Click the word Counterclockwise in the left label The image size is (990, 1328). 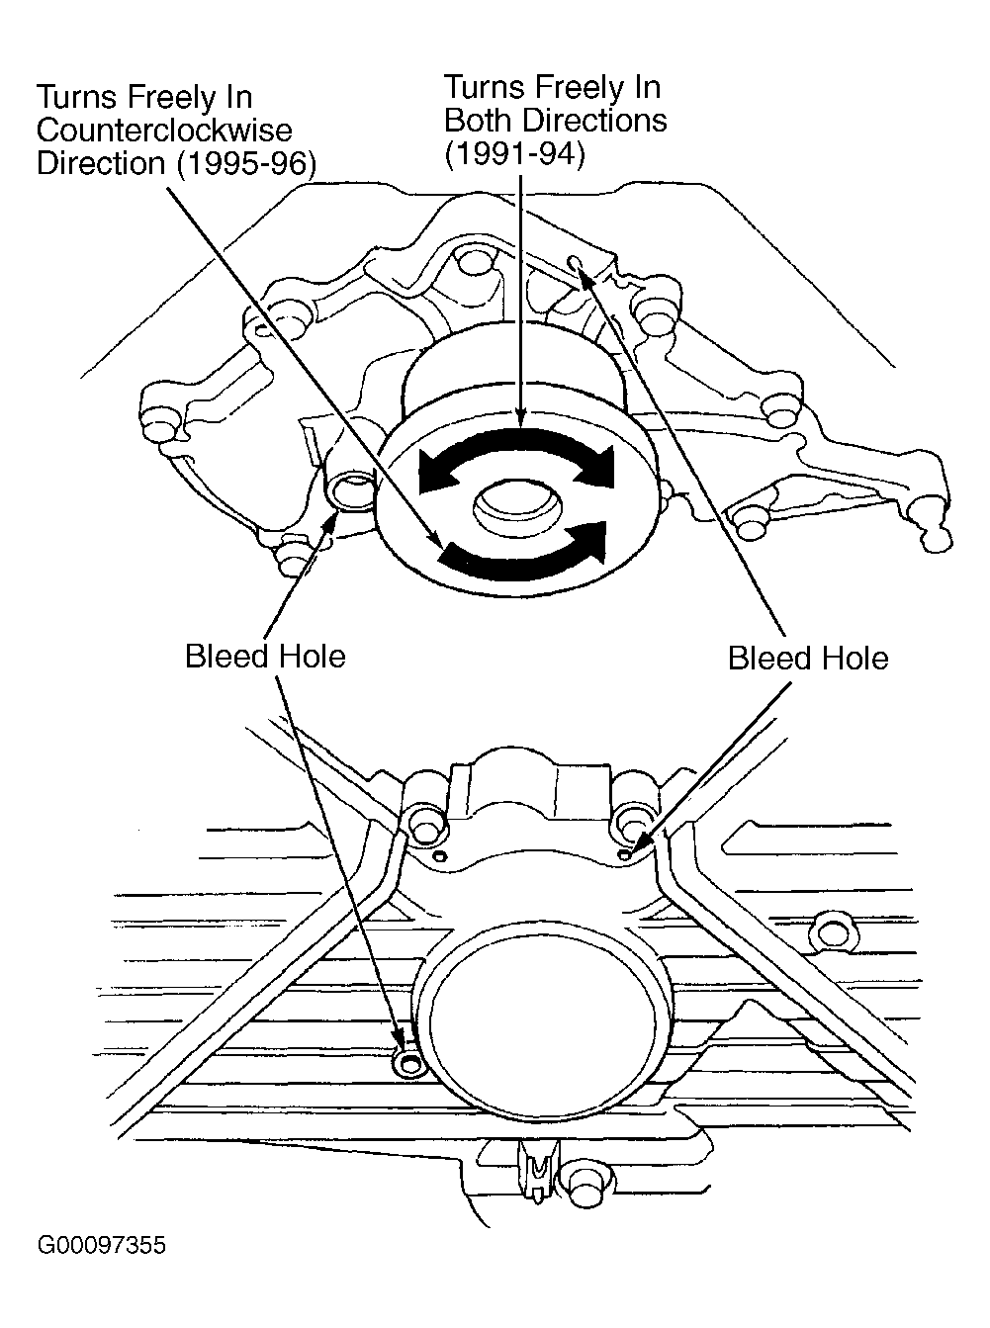[164, 130]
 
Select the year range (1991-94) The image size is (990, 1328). [515, 154]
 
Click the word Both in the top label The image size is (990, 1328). [480, 121]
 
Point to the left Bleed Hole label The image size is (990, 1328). [265, 657]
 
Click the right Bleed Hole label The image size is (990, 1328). [807, 659]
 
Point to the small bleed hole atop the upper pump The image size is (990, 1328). [577, 262]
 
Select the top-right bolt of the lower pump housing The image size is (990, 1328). [632, 820]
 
